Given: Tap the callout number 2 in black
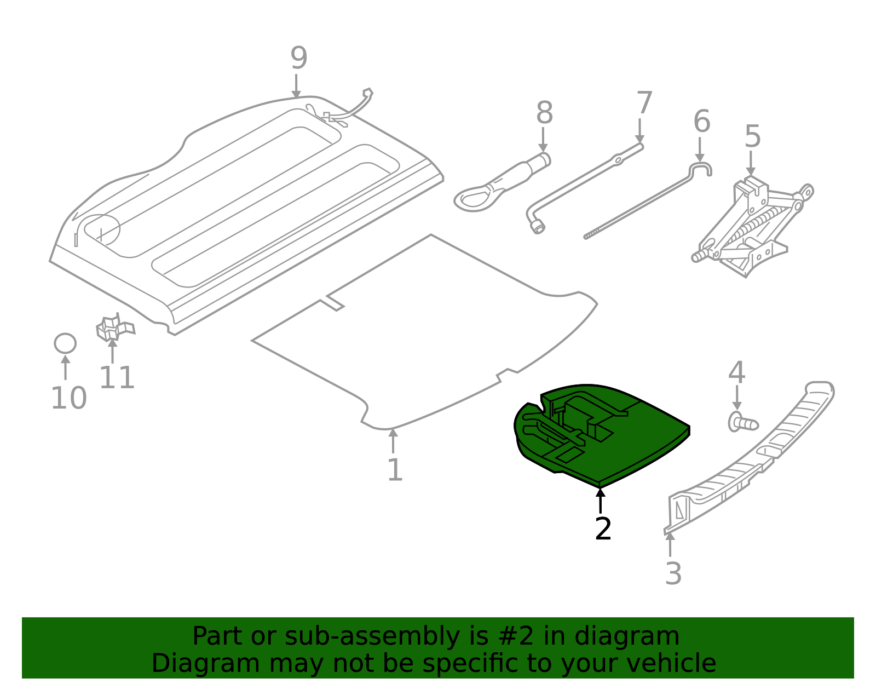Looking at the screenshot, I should click(603, 529).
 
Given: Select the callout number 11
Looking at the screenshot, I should click(117, 378).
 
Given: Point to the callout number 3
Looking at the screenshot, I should click(673, 573).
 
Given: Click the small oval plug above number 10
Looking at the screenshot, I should click(65, 343).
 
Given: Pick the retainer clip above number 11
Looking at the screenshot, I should click(113, 328).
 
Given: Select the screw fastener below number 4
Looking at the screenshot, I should click(742, 422).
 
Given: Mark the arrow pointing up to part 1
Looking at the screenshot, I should click(393, 440).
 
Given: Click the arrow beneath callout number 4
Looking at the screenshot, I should click(737, 398).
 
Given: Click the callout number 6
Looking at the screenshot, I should click(701, 121).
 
